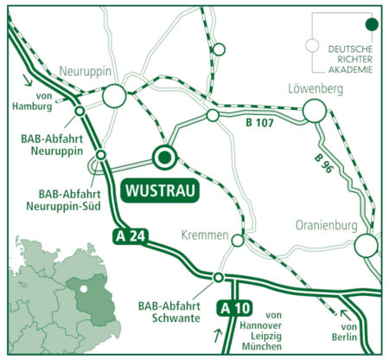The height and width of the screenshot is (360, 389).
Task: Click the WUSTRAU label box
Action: (x=160, y=189)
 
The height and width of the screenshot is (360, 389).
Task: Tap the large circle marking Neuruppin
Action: (x=115, y=98)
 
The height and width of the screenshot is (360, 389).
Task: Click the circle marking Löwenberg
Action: (x=315, y=110)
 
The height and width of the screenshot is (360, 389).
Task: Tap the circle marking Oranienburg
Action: (x=367, y=245)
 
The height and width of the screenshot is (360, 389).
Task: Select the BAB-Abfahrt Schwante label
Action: (x=169, y=312)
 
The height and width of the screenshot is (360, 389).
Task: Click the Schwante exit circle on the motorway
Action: (x=219, y=278)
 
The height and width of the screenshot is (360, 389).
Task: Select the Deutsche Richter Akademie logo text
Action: (x=352, y=58)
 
